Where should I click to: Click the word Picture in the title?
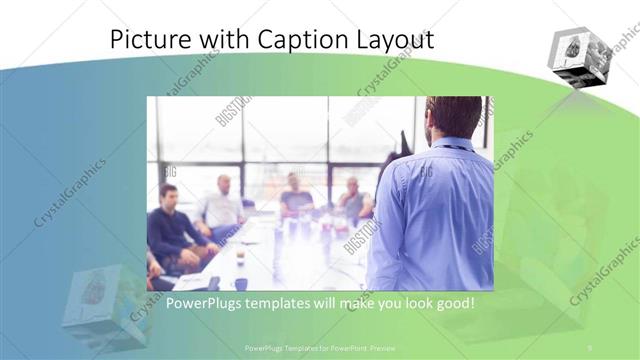click(x=148, y=40)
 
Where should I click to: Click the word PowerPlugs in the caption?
click(x=203, y=303)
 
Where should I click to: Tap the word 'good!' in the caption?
click(x=449, y=303)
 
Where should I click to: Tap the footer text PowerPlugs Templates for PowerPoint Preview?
click(x=320, y=347)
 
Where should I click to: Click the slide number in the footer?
click(x=590, y=347)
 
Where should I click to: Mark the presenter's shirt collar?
click(x=451, y=144)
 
